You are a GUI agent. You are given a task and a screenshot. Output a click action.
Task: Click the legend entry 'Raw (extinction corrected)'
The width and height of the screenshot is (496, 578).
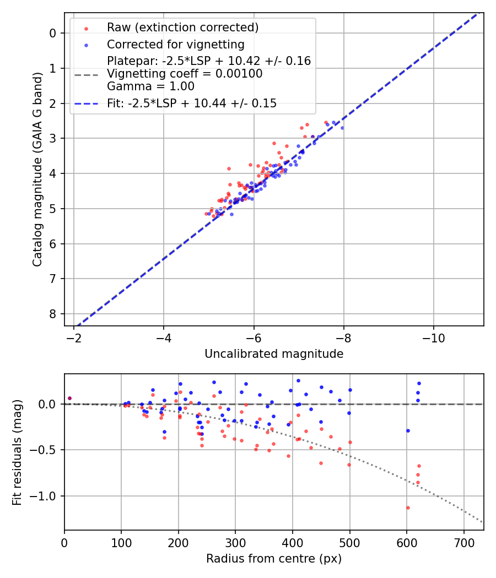pos(182,28)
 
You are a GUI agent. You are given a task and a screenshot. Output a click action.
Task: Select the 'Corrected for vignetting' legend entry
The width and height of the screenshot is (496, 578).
pos(176,44)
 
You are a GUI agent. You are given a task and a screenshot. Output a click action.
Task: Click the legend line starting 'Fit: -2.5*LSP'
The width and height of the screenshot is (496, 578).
pos(192,103)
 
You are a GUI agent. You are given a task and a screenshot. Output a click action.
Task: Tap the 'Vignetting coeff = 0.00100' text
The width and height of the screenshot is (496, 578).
pos(185,73)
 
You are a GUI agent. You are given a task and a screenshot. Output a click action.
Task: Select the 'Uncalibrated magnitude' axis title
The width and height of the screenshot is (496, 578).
pos(274,354)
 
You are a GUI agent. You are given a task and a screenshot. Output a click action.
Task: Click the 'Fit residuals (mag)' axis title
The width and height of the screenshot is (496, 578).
pos(17,452)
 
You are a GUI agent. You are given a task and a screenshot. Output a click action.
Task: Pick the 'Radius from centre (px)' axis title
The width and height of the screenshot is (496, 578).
pos(274,559)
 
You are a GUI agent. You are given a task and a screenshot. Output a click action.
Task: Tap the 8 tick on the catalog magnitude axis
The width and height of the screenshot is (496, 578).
pos(53,314)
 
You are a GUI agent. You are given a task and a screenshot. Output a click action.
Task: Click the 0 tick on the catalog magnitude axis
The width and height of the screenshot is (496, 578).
pos(53,33)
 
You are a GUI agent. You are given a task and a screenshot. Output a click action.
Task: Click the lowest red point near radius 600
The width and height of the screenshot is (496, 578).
pos(408,508)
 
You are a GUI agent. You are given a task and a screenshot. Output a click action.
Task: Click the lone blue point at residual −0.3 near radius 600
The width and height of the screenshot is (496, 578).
pos(408,430)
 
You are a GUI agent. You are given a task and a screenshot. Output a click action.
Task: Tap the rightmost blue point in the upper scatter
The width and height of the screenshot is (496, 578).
pos(342,128)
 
